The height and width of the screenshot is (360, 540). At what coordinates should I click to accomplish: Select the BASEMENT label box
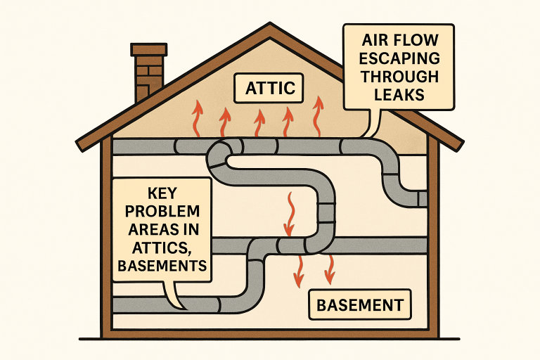(x=359, y=305)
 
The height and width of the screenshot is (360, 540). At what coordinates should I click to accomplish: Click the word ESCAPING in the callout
(x=400, y=58)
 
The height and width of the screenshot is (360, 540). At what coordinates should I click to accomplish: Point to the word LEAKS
(x=400, y=94)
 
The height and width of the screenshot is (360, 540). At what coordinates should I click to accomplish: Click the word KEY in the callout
(x=162, y=193)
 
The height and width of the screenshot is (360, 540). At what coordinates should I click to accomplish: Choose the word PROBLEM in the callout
(x=162, y=212)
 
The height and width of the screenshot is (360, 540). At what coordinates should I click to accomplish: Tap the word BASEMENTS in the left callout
(x=162, y=266)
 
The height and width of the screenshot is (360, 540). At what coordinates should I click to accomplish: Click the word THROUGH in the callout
(x=400, y=76)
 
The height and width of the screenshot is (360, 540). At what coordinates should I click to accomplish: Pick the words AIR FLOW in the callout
(x=400, y=40)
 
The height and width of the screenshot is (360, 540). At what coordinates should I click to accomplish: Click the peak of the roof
(x=270, y=27)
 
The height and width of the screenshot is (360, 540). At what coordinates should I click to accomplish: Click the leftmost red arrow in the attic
(x=197, y=117)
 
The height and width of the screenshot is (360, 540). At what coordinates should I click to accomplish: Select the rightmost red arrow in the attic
(x=319, y=115)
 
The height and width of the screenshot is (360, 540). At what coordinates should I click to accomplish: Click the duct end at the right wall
(x=421, y=199)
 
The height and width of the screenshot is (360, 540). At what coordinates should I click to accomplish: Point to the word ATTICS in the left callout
(x=162, y=247)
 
